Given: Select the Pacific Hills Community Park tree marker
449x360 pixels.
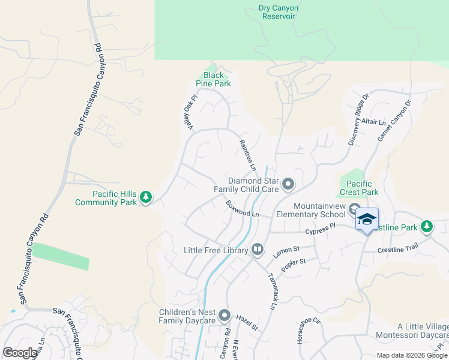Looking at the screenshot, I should tap(145, 197).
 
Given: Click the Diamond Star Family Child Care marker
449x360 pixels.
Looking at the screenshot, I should tap(288, 184).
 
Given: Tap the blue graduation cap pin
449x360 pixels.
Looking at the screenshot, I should tap(367, 220).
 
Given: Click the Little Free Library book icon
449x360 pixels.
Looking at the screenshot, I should tap(258, 249).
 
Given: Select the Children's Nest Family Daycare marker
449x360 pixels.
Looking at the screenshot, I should tap(224, 316).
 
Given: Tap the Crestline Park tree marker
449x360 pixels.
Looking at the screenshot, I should tap(427, 227).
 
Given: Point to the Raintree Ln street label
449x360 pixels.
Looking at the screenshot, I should tap(247, 155).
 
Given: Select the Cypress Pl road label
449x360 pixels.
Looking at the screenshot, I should tap(319, 230).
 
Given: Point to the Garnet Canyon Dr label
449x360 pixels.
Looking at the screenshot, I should tap(394, 121).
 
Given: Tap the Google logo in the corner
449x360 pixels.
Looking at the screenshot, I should tap(20, 353).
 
